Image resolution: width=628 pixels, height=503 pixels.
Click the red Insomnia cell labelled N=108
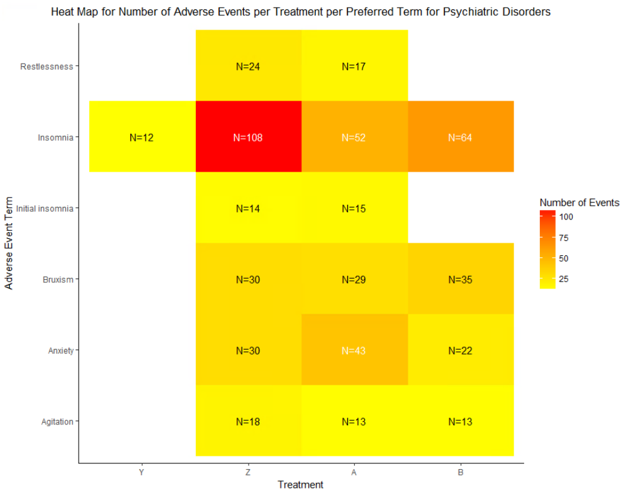[249, 137]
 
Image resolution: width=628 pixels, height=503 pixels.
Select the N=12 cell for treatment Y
[142, 137]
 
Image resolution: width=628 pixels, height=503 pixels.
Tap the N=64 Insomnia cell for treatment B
[461, 137]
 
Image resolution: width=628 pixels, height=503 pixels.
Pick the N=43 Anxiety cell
[354, 350]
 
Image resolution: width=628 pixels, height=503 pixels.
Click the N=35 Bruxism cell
[461, 279]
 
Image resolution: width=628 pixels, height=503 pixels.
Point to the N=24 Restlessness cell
[249, 66]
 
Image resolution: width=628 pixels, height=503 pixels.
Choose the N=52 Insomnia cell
[354, 137]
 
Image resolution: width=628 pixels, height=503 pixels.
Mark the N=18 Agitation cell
[249, 421]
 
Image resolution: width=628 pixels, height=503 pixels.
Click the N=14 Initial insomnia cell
[249, 208]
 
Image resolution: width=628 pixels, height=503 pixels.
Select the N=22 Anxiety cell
[461, 350]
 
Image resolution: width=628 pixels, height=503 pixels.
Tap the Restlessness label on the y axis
[47, 66]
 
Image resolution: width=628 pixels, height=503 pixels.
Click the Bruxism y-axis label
[60, 279]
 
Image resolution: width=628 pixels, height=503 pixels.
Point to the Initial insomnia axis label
[45, 208]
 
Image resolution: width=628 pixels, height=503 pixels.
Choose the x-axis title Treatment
[301, 485]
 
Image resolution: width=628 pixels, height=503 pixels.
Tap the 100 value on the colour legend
[565, 217]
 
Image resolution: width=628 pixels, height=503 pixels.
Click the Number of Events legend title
[580, 202]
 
